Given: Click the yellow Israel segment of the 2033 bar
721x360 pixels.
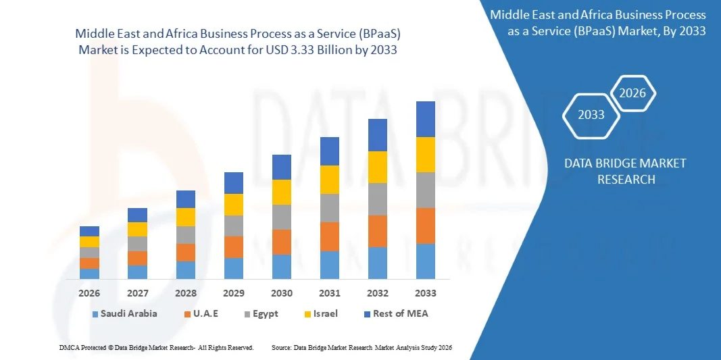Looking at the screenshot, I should (x=425, y=155).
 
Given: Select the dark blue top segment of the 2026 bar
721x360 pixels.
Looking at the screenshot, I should (x=89, y=231).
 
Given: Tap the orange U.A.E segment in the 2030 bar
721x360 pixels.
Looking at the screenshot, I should (x=282, y=242).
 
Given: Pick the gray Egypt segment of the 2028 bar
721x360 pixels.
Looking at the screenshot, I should (x=186, y=234).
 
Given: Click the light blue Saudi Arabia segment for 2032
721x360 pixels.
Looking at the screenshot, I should (x=377, y=263).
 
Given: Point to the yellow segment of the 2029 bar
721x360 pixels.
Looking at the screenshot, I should (x=234, y=205).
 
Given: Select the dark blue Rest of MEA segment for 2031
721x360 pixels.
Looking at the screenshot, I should (x=329, y=151).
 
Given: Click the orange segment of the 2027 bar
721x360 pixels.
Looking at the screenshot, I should (x=137, y=258).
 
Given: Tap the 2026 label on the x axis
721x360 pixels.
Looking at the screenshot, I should (x=89, y=293).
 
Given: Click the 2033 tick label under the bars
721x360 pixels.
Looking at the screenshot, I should (x=426, y=293).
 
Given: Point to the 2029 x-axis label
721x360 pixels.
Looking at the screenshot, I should (x=234, y=293).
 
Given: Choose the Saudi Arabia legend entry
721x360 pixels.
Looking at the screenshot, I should (x=128, y=313).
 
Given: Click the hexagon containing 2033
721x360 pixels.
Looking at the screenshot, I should (x=591, y=114).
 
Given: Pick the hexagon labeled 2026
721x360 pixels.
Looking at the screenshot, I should (x=633, y=93).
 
